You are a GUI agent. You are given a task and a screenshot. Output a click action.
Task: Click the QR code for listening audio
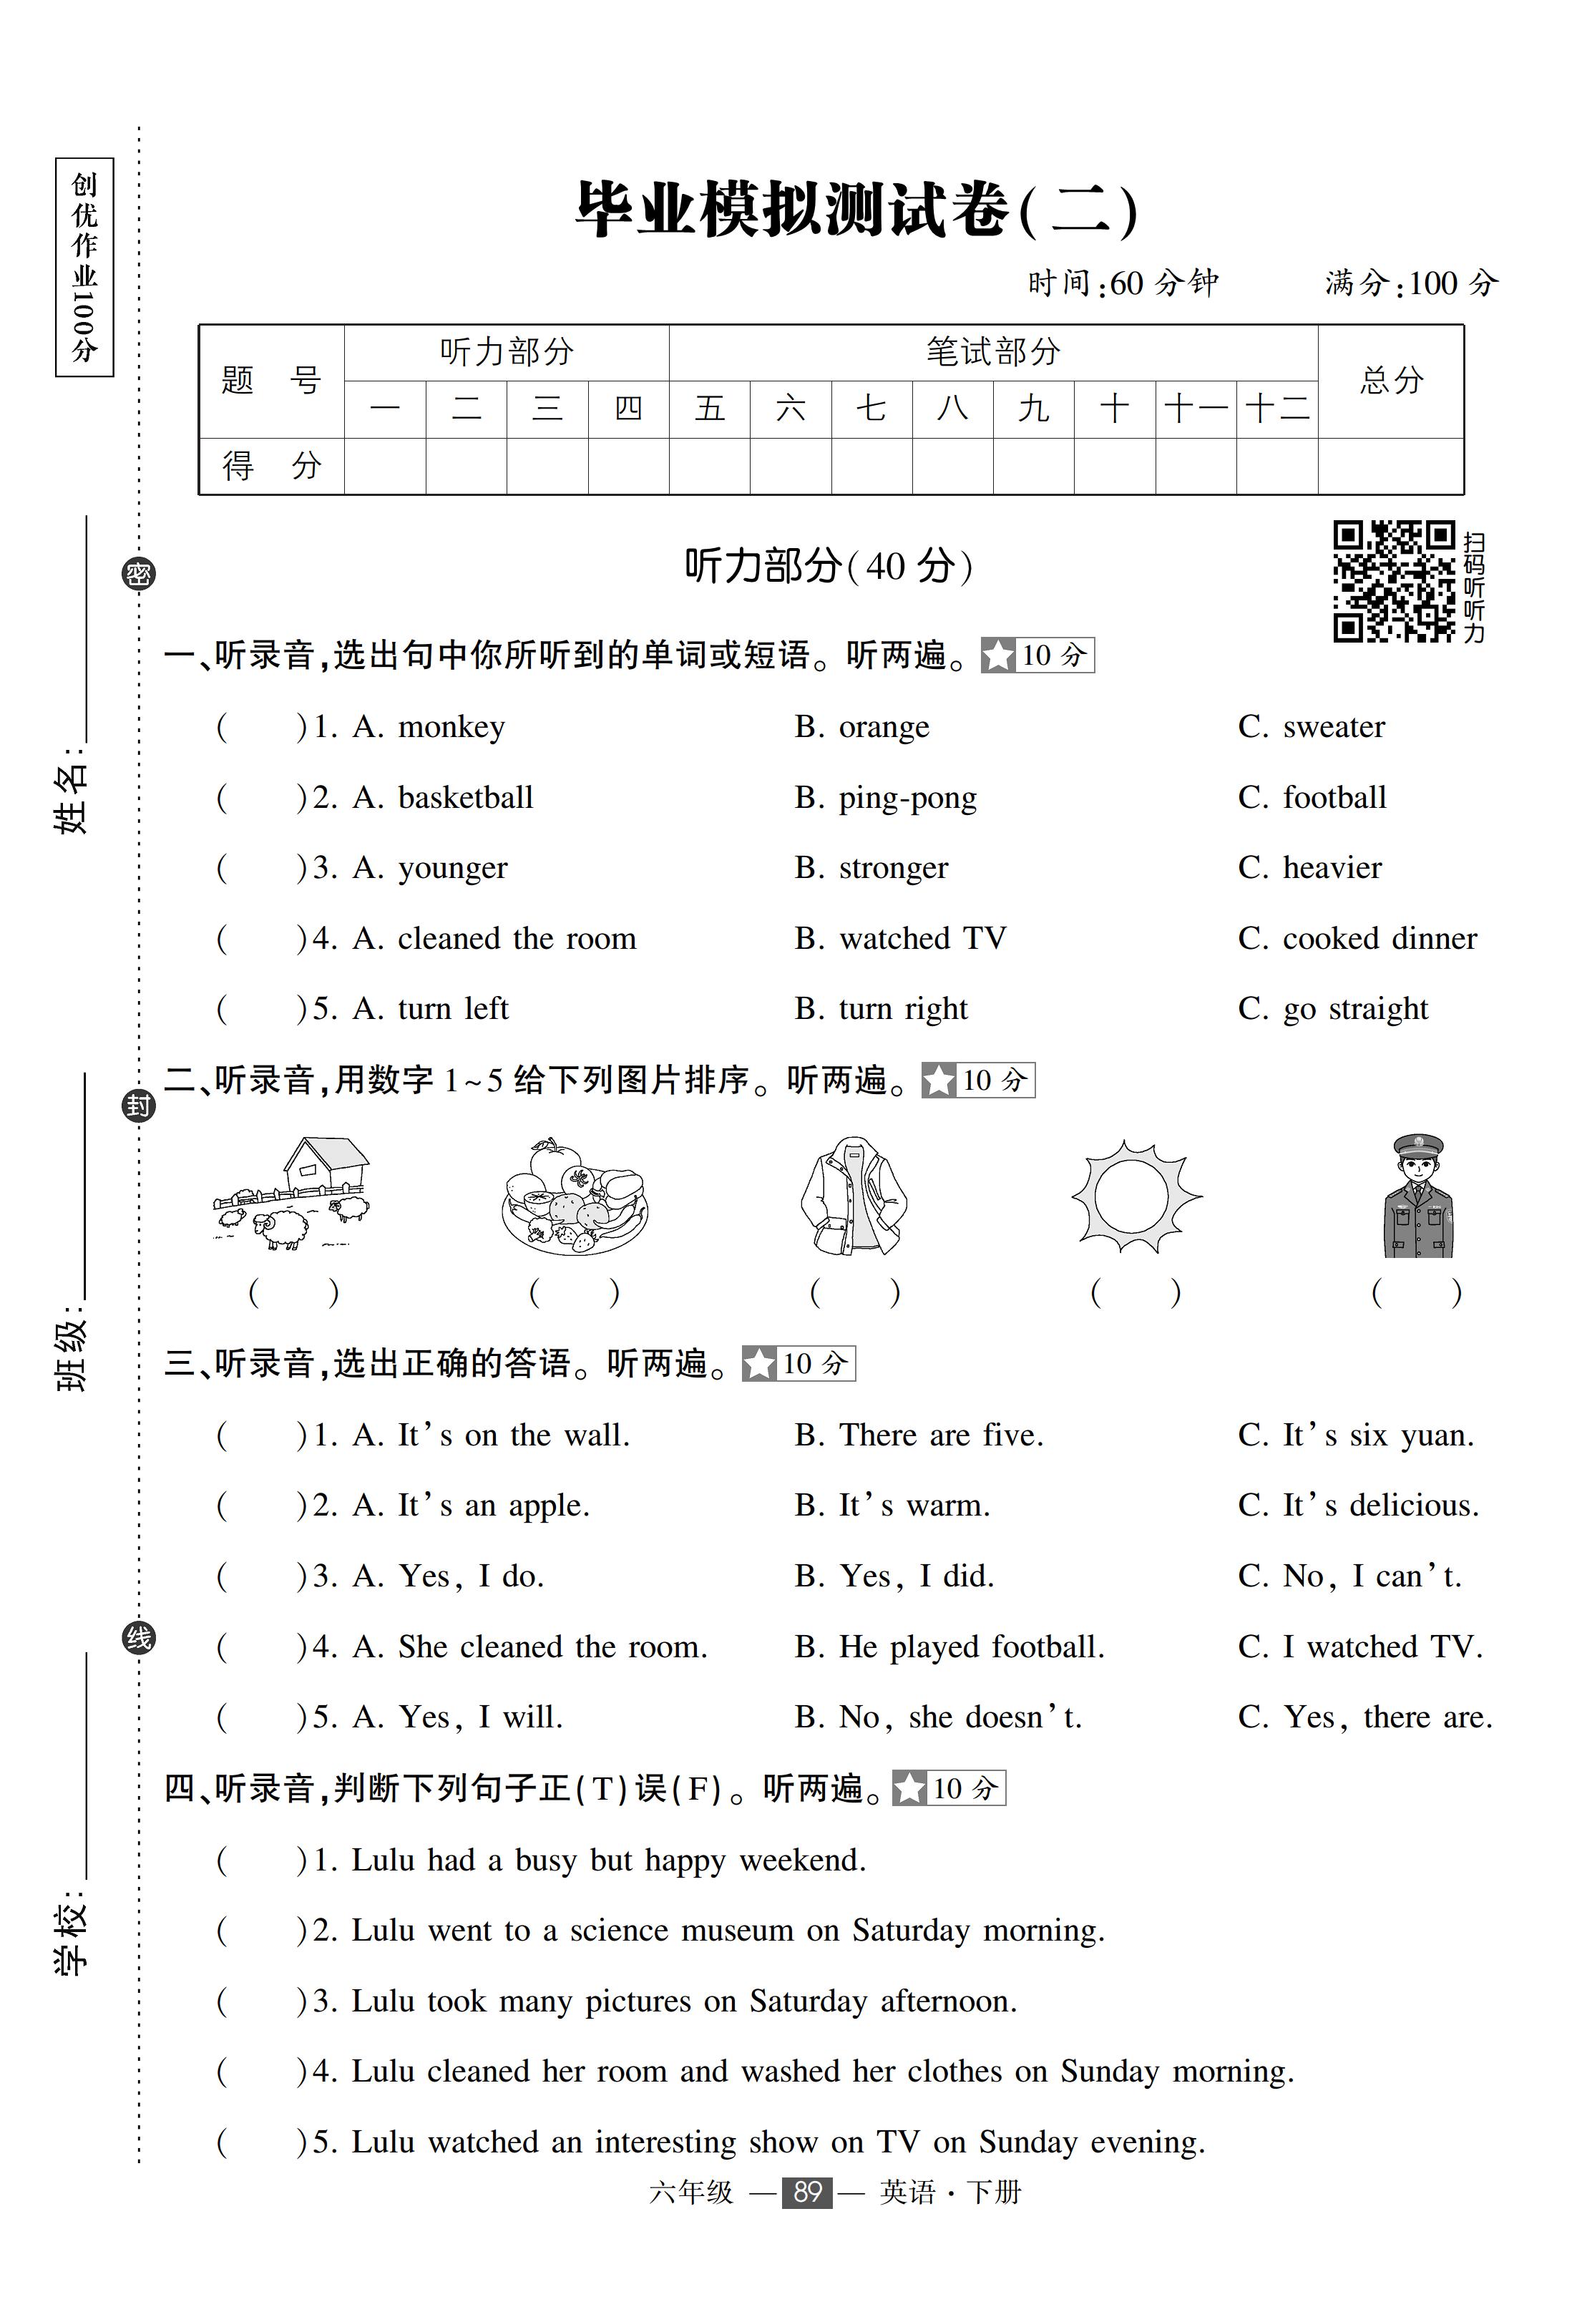pos(1393,581)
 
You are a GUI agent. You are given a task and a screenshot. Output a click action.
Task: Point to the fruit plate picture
pos(574,1197)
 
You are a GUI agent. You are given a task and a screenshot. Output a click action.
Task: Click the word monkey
pos(451,727)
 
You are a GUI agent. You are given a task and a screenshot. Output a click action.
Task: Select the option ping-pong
pos(907,798)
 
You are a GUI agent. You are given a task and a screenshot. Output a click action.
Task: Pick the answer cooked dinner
pos(1379,938)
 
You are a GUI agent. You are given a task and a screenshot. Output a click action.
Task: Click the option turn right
pos(902,1009)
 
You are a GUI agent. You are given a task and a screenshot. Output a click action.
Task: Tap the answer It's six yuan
pos(1378,1435)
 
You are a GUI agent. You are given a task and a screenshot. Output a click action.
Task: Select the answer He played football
pos(971,1647)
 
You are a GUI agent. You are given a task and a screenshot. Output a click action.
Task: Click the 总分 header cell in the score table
pos(1390,380)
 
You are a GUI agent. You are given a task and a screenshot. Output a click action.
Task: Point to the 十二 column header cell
pos(1276,409)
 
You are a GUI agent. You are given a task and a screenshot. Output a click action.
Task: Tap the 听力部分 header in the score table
pos(507,352)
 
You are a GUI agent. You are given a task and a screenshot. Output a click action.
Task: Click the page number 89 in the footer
pos(807,2192)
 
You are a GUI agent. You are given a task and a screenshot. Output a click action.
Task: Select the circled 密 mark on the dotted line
pos(138,574)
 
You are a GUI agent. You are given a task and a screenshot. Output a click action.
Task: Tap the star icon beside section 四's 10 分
pos(909,1789)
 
